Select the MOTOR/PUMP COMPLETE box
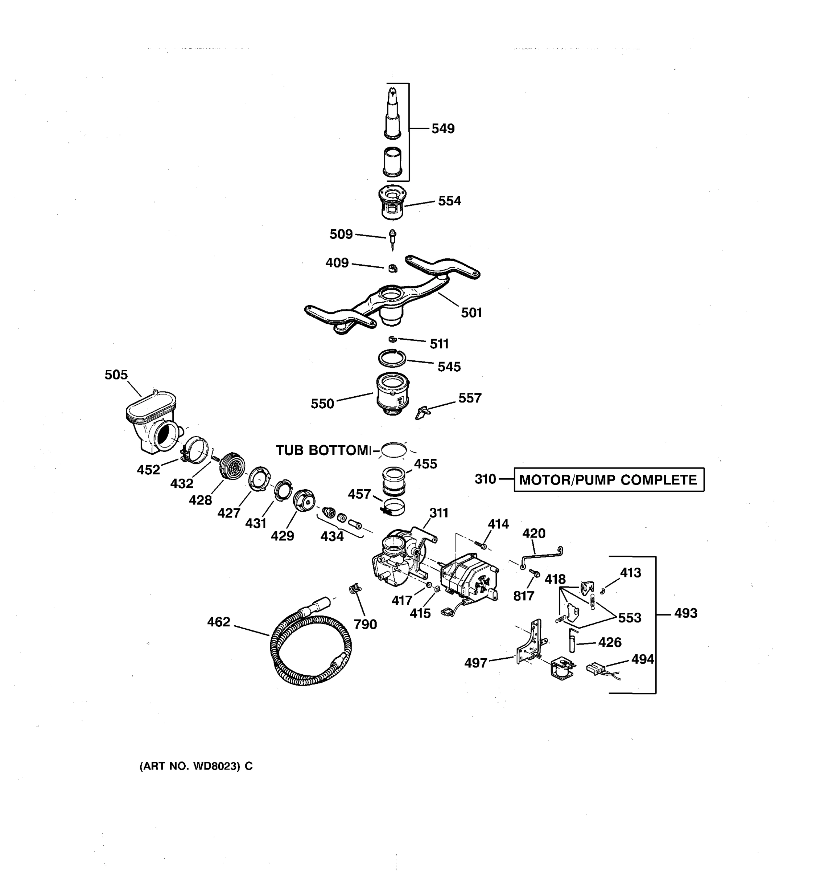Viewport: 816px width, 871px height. pos(609,480)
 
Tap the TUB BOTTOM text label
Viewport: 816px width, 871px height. pos(323,450)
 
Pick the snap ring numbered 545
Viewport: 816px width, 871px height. pos(392,358)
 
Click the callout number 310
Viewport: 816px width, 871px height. pos(485,479)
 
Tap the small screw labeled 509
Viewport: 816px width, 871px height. pos(392,239)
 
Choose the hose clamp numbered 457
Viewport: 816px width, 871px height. pos(393,507)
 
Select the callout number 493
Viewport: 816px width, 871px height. pos(685,613)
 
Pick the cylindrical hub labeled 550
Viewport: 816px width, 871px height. pos(393,393)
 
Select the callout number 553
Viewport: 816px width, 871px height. pos(629,618)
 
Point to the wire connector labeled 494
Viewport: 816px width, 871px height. pos(598,668)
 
